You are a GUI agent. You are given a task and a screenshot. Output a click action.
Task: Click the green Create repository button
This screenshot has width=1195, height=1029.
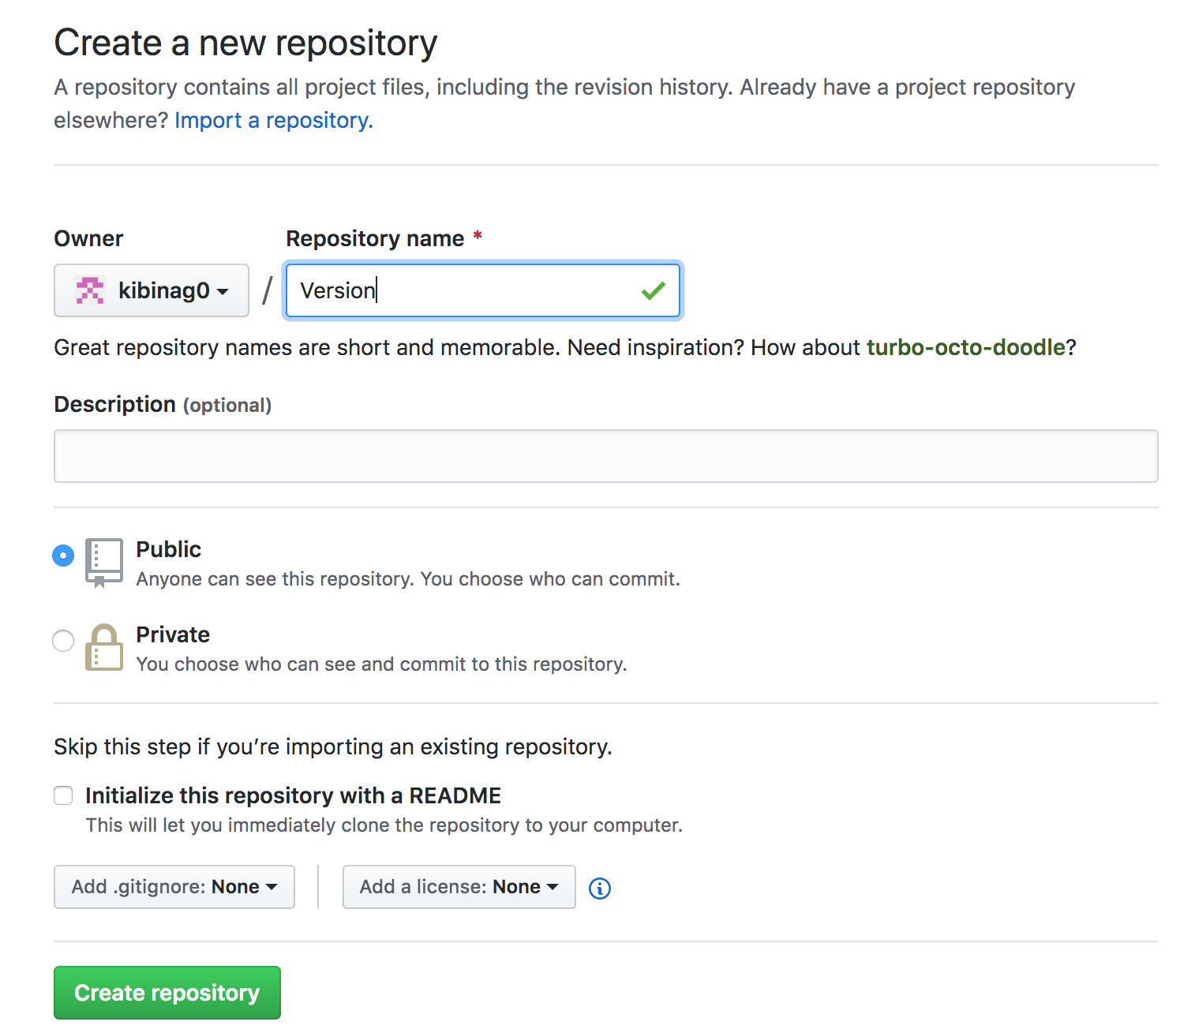pyautogui.click(x=167, y=992)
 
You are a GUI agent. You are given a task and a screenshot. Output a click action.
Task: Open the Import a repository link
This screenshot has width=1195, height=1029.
pyautogui.click(x=274, y=120)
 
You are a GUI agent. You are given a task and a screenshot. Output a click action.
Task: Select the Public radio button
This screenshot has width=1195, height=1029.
pyautogui.click(x=63, y=556)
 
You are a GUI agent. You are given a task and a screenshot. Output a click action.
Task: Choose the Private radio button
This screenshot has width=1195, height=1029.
pyautogui.click(x=63, y=641)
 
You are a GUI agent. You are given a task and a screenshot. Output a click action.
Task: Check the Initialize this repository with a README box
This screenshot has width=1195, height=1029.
pyautogui.click(x=63, y=795)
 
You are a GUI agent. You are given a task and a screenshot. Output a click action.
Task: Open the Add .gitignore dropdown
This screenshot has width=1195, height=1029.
pyautogui.click(x=174, y=887)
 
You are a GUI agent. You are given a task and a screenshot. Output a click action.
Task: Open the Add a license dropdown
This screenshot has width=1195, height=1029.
pyautogui.click(x=459, y=887)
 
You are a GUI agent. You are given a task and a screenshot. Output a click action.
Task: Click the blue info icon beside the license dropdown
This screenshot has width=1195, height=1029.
pyautogui.click(x=600, y=888)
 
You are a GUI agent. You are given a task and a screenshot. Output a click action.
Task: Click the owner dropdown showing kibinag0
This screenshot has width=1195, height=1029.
pyautogui.click(x=152, y=290)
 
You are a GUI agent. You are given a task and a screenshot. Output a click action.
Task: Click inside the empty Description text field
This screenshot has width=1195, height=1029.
pyautogui.click(x=606, y=456)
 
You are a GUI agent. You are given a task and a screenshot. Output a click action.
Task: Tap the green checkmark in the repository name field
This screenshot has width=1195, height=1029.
pyautogui.click(x=654, y=290)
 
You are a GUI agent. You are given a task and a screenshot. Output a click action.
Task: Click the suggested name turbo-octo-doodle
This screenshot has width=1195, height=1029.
pyautogui.click(x=965, y=347)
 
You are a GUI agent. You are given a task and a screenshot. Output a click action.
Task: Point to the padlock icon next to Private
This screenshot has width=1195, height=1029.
pyautogui.click(x=104, y=647)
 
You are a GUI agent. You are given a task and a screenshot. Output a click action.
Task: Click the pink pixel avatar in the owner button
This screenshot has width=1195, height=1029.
pyautogui.click(x=90, y=290)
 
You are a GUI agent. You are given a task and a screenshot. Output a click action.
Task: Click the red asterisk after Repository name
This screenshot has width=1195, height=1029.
pyautogui.click(x=478, y=235)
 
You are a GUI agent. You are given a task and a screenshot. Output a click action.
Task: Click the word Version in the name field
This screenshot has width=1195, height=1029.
pyautogui.click(x=338, y=290)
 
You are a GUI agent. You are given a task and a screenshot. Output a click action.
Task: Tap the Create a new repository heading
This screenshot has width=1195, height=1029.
pyautogui.click(x=245, y=43)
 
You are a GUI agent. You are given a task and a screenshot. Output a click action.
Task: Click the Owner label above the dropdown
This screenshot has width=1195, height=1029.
pyautogui.click(x=88, y=238)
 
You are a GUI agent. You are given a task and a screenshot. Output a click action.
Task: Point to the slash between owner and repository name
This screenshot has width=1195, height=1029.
pyautogui.click(x=267, y=290)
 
